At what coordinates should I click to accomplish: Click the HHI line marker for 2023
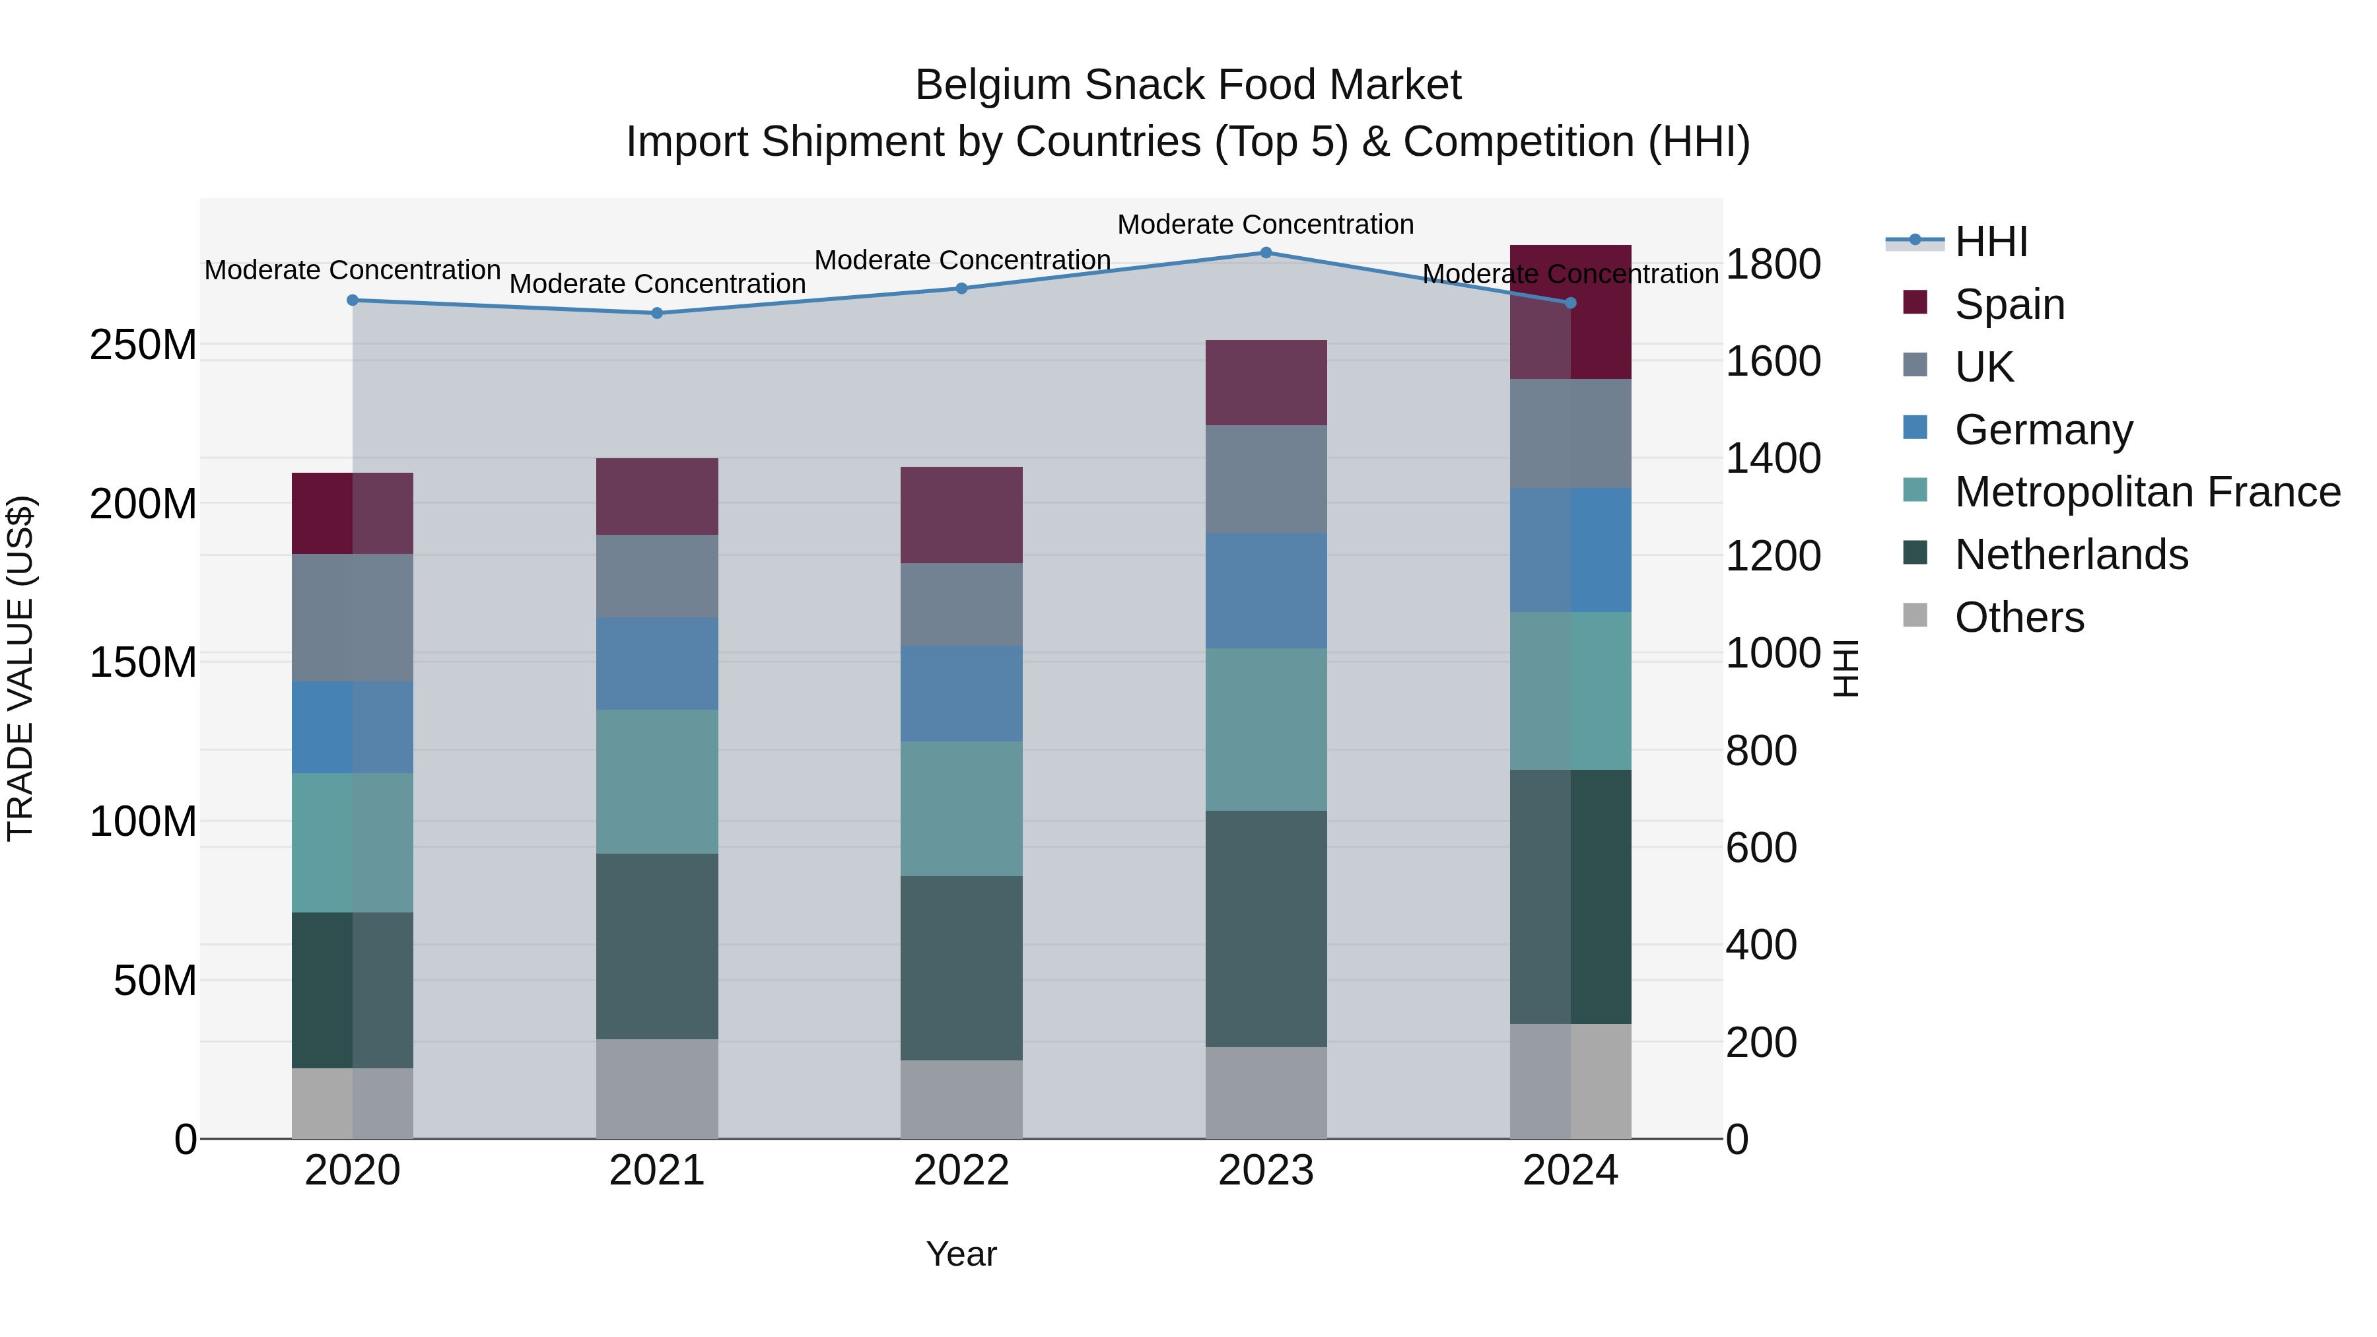[x=1266, y=253]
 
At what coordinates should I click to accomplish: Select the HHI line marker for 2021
[x=657, y=313]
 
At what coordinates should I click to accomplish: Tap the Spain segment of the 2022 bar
[x=961, y=515]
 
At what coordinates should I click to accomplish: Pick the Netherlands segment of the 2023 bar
[x=1266, y=928]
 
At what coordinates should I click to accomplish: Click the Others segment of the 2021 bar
[x=657, y=1089]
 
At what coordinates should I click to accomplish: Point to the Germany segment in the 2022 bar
[x=961, y=694]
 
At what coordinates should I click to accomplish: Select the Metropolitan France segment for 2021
[x=657, y=782]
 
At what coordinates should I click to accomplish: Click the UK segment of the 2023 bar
[x=1266, y=479]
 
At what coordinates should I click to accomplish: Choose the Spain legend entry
[x=2009, y=304]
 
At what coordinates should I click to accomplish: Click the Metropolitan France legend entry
[x=2147, y=492]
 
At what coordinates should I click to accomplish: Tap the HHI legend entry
[x=1990, y=242]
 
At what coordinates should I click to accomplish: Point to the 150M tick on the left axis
[x=143, y=662]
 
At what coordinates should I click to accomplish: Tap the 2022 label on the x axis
[x=961, y=1171]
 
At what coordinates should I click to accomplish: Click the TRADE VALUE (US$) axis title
[x=20, y=668]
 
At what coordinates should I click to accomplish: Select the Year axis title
[x=961, y=1254]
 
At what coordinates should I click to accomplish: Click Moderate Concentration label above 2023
[x=1265, y=224]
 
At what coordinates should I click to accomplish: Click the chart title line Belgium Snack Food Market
[x=1188, y=85]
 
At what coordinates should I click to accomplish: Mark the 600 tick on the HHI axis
[x=1760, y=848]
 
